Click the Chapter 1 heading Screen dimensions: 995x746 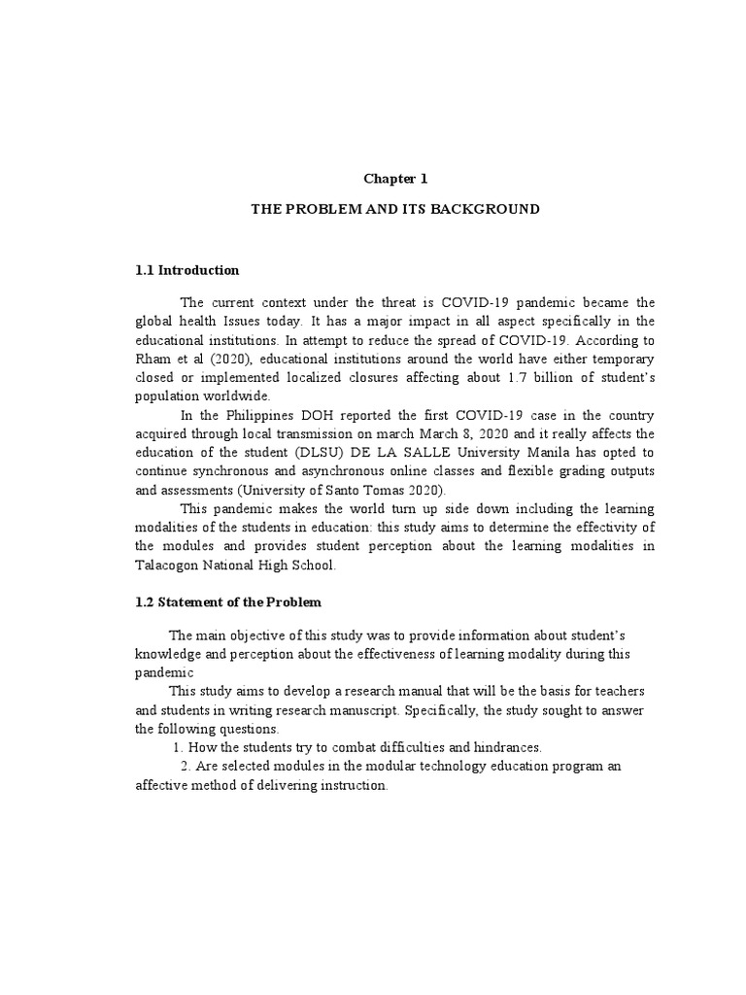point(395,179)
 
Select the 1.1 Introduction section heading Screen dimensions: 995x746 point(186,270)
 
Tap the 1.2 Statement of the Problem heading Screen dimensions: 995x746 point(227,602)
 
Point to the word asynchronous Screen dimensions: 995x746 point(295,470)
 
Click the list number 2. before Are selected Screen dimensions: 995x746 point(186,767)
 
